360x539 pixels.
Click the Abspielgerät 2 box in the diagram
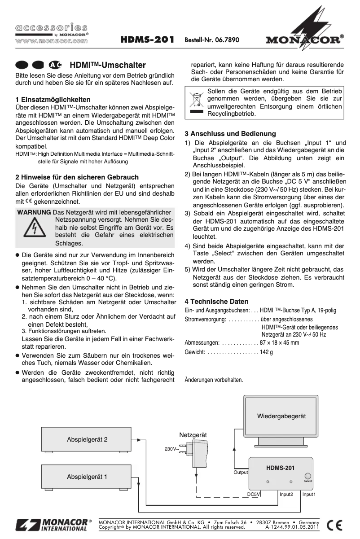pos(87,440)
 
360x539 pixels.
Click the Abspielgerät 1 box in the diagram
pos(87,477)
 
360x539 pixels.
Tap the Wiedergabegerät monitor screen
pos(281,416)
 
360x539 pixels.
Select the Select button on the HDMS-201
pos(307,477)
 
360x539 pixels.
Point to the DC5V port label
pos(254,494)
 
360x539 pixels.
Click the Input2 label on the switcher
pos(286,494)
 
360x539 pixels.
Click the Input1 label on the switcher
pos(309,494)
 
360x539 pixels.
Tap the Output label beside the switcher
pos(241,472)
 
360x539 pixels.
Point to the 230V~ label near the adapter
pos(172,449)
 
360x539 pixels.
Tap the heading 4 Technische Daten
pos(217,301)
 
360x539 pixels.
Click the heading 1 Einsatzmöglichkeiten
pos(53,99)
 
